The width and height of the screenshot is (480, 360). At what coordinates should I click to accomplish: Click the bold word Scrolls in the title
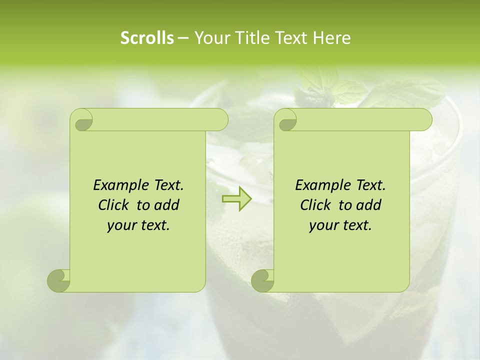tap(147, 37)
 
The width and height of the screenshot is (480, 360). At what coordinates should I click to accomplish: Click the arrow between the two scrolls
tap(237, 199)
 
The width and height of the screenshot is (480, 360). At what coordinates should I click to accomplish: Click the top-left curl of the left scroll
tap(82, 120)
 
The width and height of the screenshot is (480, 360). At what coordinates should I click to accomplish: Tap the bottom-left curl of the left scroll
tap(59, 280)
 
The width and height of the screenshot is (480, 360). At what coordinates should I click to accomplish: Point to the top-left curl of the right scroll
tap(286, 120)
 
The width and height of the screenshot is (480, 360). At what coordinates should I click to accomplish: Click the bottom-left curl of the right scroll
tap(263, 280)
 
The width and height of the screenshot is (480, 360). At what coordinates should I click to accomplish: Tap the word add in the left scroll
tap(166, 205)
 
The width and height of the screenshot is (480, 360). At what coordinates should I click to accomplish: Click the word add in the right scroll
tap(368, 205)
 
